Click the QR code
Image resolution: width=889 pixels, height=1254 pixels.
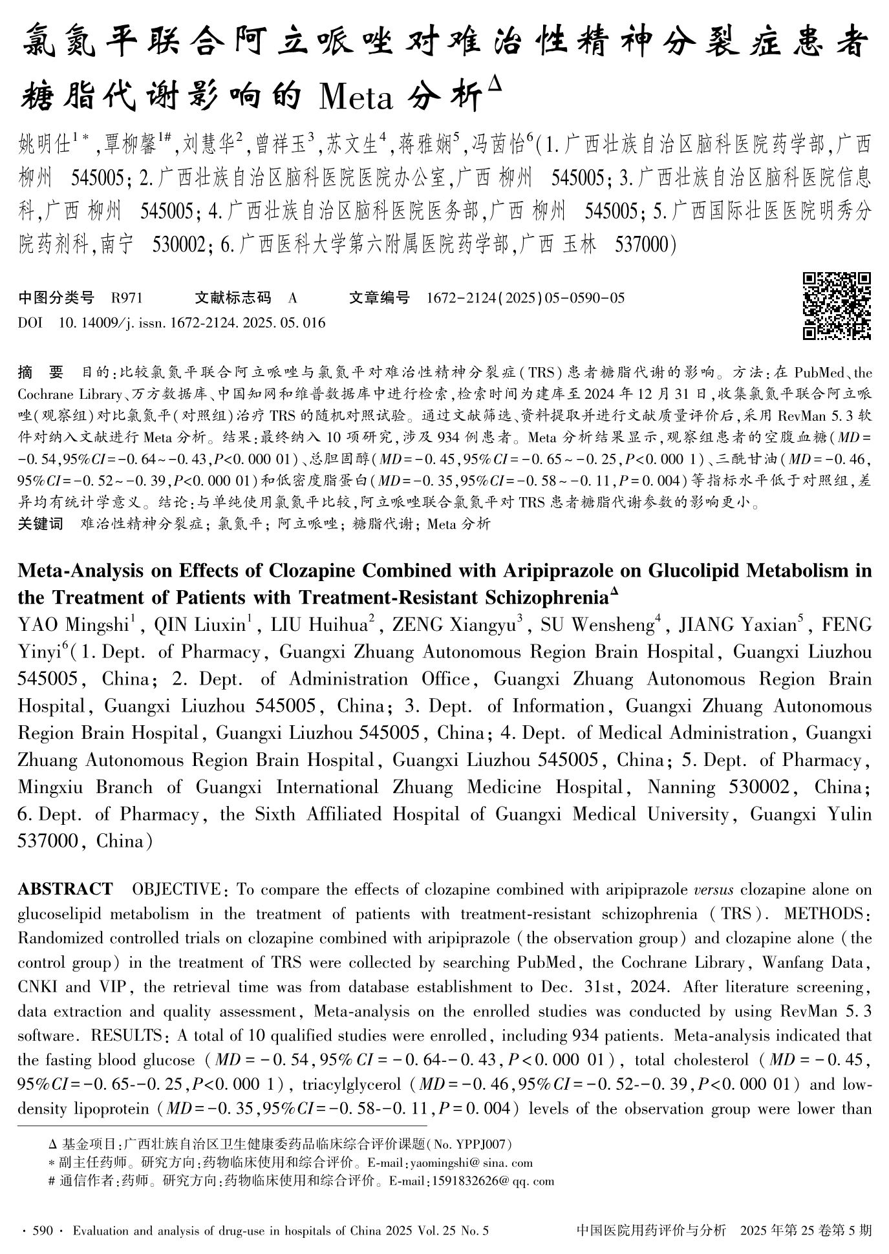(837, 306)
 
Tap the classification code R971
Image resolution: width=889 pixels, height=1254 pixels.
(127, 298)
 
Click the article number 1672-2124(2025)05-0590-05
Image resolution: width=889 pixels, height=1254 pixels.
(526, 298)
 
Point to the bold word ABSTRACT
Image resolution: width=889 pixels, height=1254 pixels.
(65, 889)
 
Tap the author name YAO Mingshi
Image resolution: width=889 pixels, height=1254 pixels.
(74, 624)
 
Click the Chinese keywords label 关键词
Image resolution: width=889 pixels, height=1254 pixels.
(40, 524)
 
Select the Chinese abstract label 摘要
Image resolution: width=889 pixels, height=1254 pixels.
(41, 373)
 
